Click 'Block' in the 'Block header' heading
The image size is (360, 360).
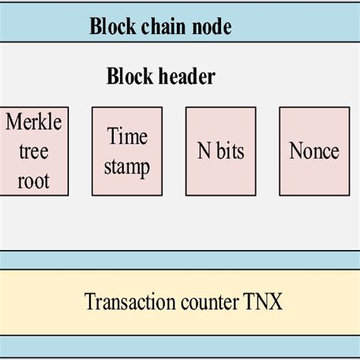[130, 77]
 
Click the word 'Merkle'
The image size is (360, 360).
[33, 122]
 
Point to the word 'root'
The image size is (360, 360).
[33, 181]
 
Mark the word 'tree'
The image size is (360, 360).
[33, 151]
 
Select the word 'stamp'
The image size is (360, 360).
[127, 166]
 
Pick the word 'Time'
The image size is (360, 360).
[127, 137]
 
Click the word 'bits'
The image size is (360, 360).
[229, 150]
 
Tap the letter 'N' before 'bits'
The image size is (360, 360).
[204, 150]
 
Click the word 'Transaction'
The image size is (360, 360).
[125, 302]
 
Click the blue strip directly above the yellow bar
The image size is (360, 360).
[180, 260]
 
